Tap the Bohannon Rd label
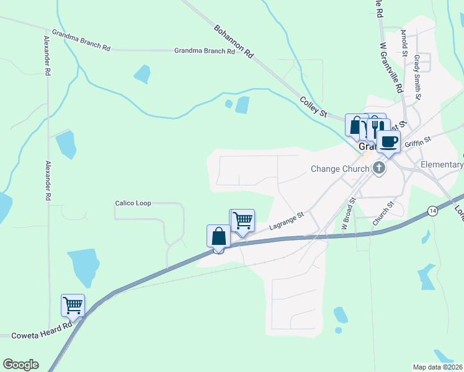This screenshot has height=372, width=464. pos(234,42)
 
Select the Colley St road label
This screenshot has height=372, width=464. pos(313,107)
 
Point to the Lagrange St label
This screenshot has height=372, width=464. pos(286,223)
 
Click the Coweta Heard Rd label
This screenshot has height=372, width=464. pos(42,335)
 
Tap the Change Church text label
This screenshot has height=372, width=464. pos(340,169)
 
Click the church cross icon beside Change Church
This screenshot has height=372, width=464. pos(378,168)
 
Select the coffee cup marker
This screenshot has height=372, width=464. pos(389,142)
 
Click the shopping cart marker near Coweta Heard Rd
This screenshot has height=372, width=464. pos(73,305)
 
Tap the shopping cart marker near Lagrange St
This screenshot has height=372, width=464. pos(243,219)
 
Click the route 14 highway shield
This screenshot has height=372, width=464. pos(432,212)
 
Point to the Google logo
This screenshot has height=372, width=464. pos(20,365)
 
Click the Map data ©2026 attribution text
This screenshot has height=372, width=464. pos(438,367)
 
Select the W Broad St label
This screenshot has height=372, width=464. pos(347,213)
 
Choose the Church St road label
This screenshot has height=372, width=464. pos(383,213)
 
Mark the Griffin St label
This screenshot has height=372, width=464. pos(417,144)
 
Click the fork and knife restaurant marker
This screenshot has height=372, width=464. pos(374,128)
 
